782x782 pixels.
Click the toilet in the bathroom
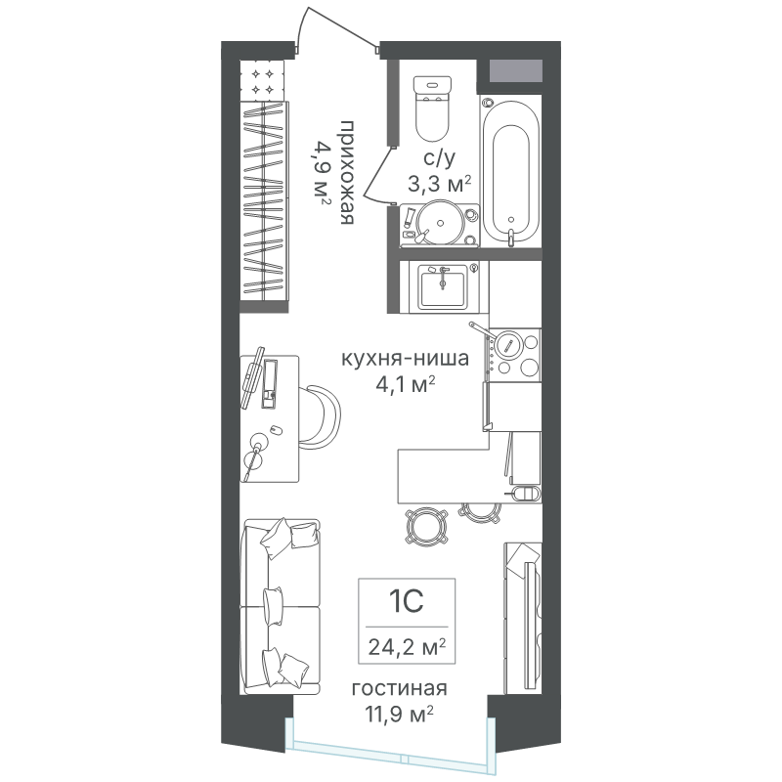click(x=432, y=109)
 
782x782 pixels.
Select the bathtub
click(x=510, y=172)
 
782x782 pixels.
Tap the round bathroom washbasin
click(x=441, y=223)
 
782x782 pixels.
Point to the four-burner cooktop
click(x=514, y=355)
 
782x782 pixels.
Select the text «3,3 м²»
click(x=439, y=184)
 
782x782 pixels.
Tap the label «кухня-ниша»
click(x=405, y=359)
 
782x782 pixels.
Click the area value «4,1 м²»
click(x=406, y=384)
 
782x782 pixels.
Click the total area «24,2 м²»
click(x=407, y=647)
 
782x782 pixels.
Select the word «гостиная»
click(x=400, y=689)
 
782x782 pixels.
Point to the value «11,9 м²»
click(x=400, y=714)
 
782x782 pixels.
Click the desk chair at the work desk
click(x=322, y=413)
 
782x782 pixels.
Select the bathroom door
click(x=377, y=175)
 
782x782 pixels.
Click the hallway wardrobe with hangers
click(x=265, y=200)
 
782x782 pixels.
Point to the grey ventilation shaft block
click(x=516, y=70)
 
